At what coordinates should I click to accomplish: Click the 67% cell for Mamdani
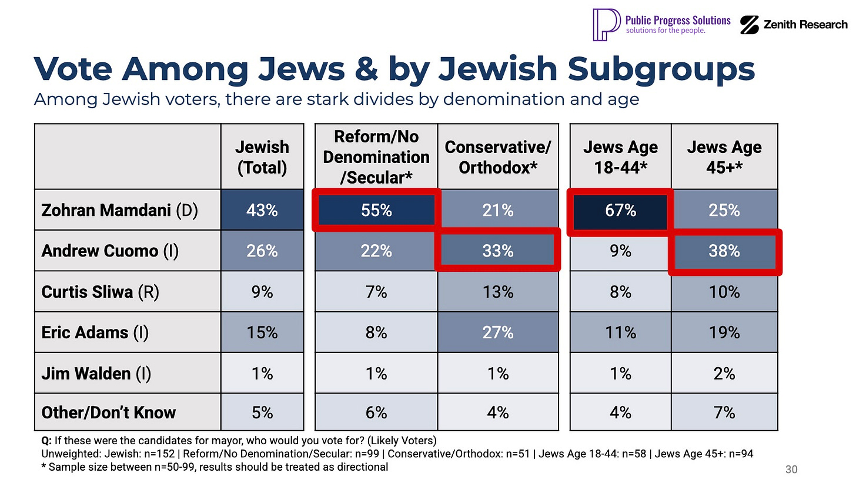tap(620, 210)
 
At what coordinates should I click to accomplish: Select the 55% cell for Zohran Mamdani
tap(376, 210)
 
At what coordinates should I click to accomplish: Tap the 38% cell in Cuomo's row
tap(724, 251)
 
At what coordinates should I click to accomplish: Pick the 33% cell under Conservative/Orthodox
tap(498, 251)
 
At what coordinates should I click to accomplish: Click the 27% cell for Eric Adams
tap(498, 332)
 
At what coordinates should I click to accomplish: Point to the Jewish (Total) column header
tap(262, 157)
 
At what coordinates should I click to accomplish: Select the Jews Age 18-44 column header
tap(620, 157)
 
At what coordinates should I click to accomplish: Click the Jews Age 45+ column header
tap(724, 157)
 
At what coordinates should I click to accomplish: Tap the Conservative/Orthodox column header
tap(498, 157)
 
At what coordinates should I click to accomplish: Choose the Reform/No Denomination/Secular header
tap(376, 157)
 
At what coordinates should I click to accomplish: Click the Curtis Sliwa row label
tap(100, 292)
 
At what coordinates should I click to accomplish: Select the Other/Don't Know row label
tap(108, 413)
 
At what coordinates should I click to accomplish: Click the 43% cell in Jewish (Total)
tap(262, 210)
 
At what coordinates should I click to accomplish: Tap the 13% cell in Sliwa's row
tap(498, 292)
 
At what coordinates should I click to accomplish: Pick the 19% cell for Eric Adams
tap(724, 332)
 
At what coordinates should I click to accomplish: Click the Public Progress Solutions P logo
tap(606, 24)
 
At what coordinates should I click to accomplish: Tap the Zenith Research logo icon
tap(749, 25)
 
